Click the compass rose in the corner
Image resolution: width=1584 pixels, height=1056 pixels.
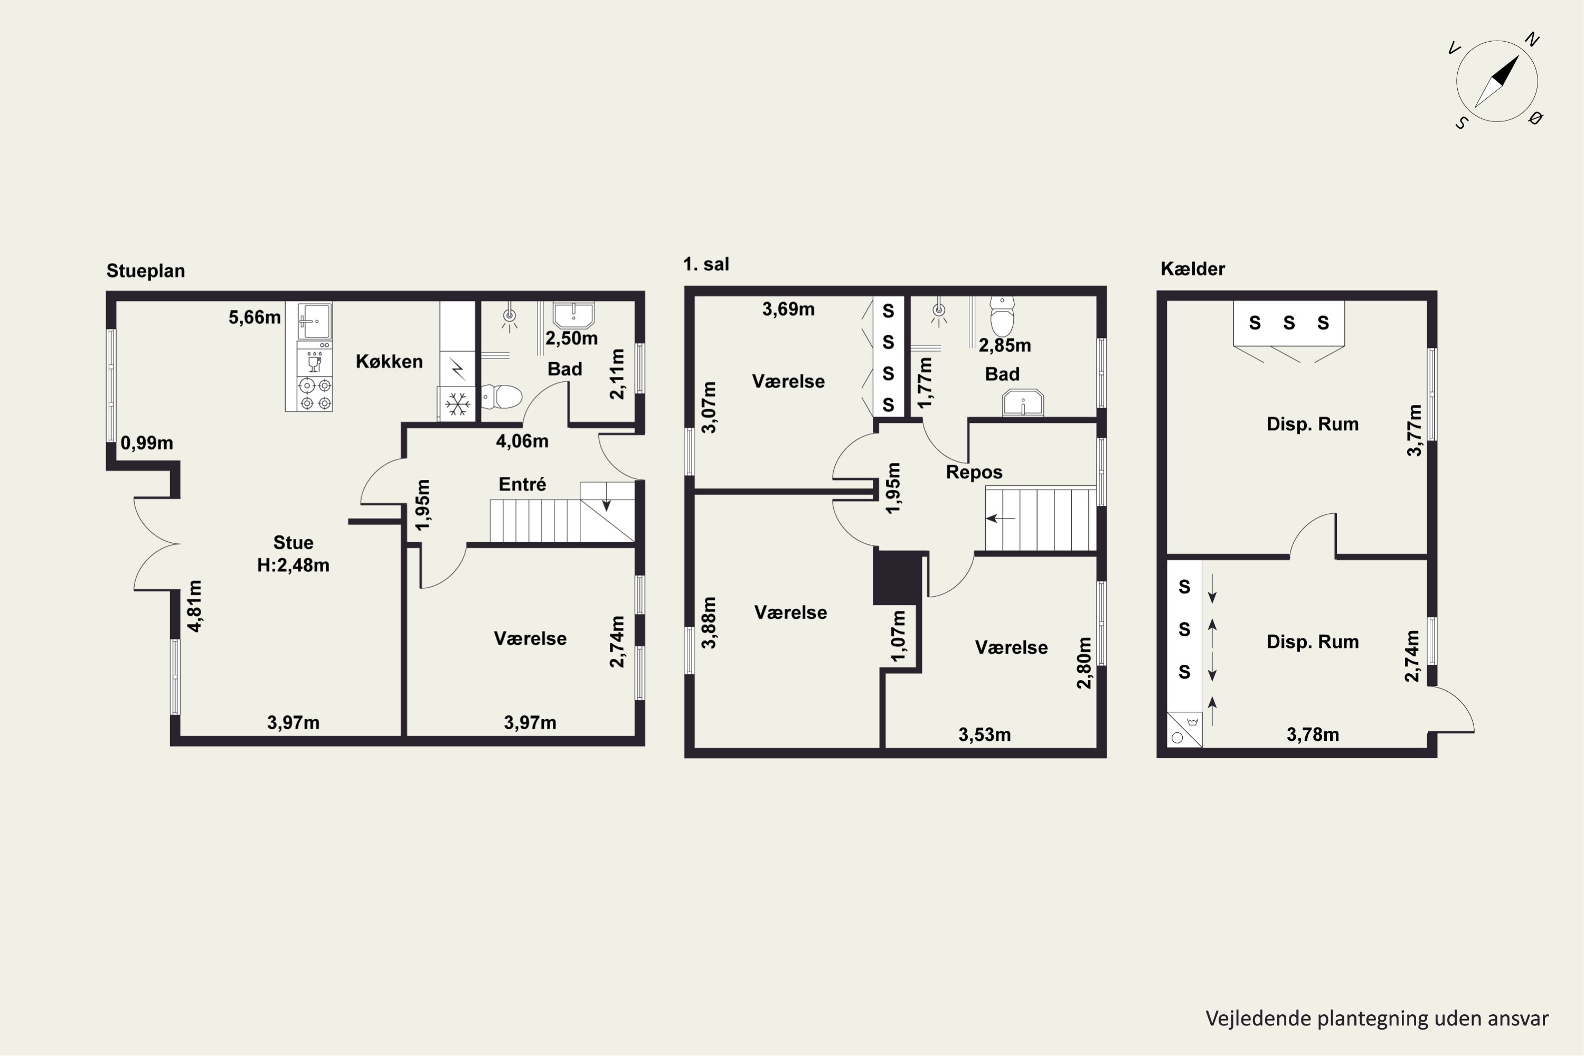click(x=1496, y=81)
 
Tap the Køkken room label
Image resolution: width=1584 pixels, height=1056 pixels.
click(x=389, y=362)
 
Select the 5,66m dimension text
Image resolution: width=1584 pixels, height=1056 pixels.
click(x=254, y=317)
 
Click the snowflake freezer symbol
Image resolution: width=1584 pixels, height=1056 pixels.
click(x=457, y=406)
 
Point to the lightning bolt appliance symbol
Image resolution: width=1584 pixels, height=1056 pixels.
click(x=457, y=369)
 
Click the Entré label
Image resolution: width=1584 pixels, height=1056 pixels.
click(x=522, y=484)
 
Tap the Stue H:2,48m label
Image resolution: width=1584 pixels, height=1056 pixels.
click(x=293, y=553)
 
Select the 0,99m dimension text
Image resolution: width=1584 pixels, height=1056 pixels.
click(x=147, y=443)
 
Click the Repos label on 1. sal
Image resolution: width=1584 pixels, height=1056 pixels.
click(x=974, y=472)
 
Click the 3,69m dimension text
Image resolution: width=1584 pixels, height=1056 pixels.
click(x=788, y=309)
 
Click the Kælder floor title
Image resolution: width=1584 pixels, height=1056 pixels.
click(x=1192, y=269)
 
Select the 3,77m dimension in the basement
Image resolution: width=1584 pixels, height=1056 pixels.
click(x=1415, y=430)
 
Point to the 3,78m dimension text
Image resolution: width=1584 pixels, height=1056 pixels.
click(x=1313, y=735)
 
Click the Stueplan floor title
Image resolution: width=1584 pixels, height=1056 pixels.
click(x=146, y=271)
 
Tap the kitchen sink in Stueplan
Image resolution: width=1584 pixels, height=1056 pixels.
click(x=315, y=321)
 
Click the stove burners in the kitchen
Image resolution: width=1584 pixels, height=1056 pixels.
click(x=315, y=394)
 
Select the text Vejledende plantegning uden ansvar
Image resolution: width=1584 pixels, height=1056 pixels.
click(x=1376, y=1019)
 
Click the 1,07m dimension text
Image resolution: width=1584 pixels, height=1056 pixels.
click(x=899, y=635)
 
